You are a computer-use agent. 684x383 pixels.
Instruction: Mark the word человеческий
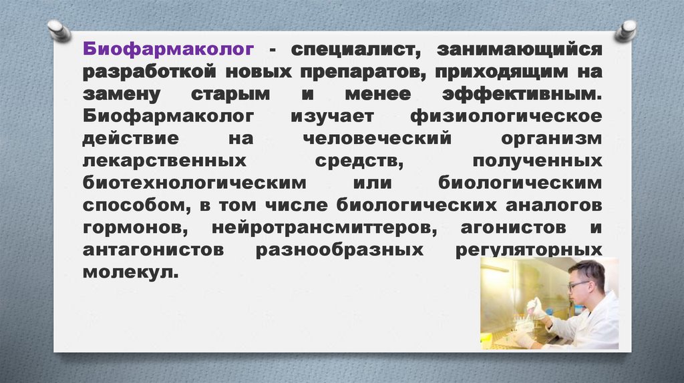tap(377, 138)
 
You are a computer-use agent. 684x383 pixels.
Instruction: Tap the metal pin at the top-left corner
tap(59, 30)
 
